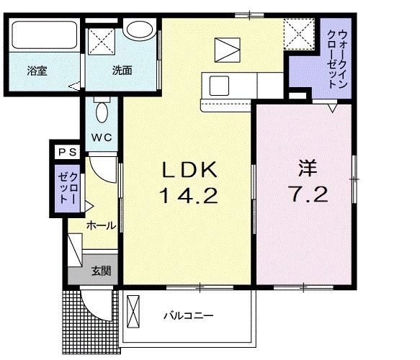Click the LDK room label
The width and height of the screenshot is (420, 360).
[x=188, y=170]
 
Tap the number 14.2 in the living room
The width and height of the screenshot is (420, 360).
[x=188, y=195]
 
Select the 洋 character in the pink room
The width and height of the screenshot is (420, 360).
[x=308, y=168]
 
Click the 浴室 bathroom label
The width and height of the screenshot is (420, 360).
[x=37, y=71]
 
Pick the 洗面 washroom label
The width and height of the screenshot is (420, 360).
[x=122, y=71]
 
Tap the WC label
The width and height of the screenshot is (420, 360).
[x=102, y=137]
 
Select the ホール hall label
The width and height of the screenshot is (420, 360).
[x=100, y=225]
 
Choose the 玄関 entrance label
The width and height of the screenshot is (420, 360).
[x=101, y=271]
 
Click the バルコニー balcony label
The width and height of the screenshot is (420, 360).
[x=189, y=315]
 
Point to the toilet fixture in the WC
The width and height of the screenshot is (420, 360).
[x=102, y=112]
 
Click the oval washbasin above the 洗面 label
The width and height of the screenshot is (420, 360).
[x=137, y=30]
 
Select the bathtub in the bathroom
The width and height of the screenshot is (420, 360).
[x=43, y=35]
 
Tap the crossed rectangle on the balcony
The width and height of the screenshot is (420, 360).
[x=133, y=310]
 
